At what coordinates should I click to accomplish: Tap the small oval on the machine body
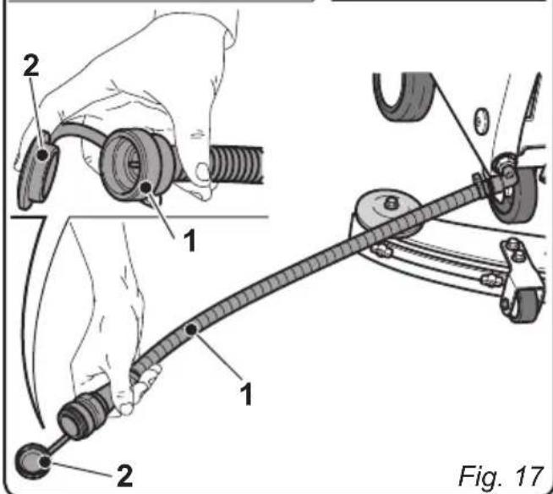pyautogui.click(x=483, y=116)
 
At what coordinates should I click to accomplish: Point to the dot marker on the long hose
pyautogui.click(x=194, y=325)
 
